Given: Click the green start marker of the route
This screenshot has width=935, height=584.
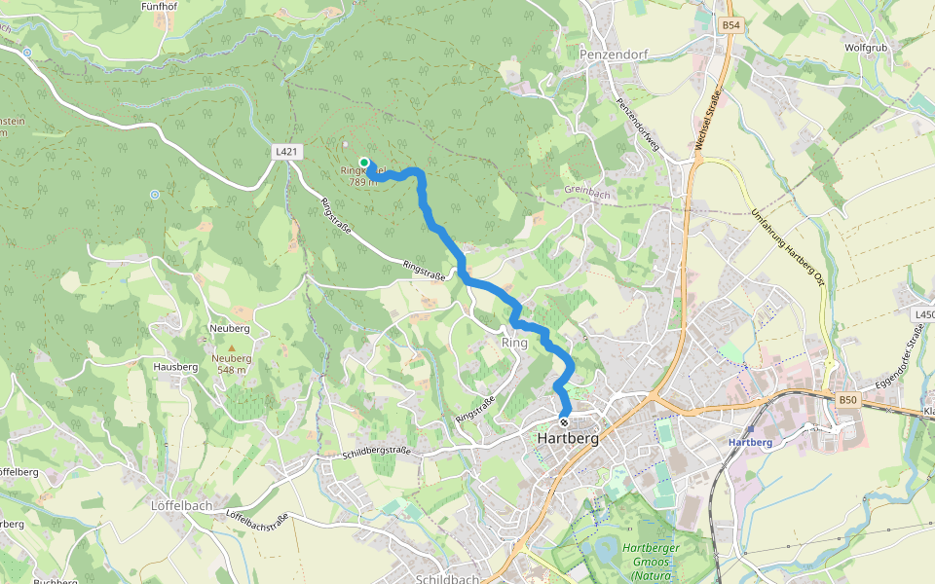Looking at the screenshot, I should (363, 162).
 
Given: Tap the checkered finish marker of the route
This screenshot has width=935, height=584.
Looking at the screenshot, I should (564, 421).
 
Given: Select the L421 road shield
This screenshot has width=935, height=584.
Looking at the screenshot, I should (286, 152).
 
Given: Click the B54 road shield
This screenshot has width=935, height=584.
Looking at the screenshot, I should (730, 24).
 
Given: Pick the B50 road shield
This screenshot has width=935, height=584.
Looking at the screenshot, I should (848, 399).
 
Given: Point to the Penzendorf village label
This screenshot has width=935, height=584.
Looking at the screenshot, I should (614, 55).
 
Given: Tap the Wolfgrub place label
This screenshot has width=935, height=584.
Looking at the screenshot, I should (865, 47).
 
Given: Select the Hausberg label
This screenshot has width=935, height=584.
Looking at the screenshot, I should (175, 367).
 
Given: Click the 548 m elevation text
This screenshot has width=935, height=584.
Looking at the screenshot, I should (232, 370).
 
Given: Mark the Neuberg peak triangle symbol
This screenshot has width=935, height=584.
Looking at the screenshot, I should (232, 347).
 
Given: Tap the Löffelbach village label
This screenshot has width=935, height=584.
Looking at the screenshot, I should (181, 506).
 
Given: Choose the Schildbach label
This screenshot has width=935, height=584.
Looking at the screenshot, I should (447, 579).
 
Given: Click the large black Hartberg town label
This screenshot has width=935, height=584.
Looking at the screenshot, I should (567, 439).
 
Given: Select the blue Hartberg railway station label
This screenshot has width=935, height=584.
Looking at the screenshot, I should (750, 443).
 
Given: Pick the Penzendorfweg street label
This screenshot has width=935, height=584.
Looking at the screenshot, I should (639, 126).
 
